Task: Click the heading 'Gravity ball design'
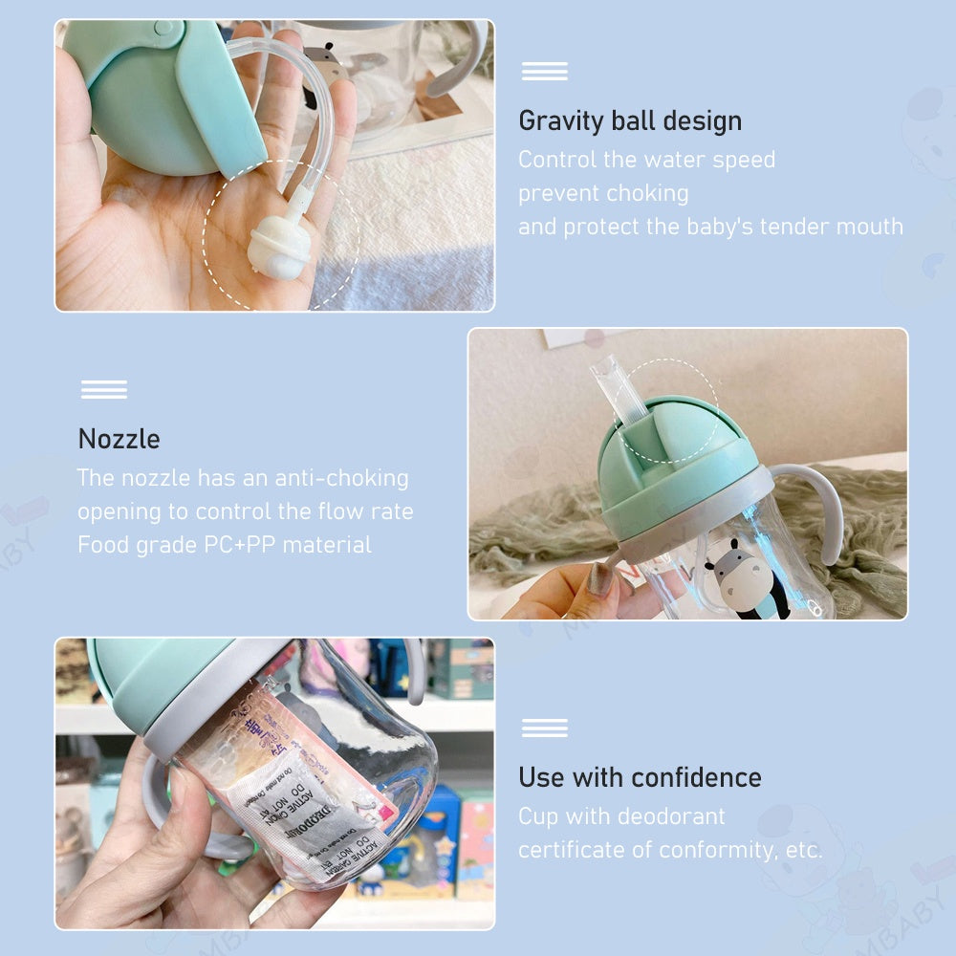pyautogui.click(x=629, y=121)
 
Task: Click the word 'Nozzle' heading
pyautogui.click(x=119, y=439)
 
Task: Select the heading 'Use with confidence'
pyautogui.click(x=640, y=777)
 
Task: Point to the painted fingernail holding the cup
pyautogui.click(x=601, y=578)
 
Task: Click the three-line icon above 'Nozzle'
pyautogui.click(x=104, y=389)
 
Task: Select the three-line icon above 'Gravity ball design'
pyautogui.click(x=544, y=71)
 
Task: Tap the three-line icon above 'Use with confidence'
pyautogui.click(x=544, y=728)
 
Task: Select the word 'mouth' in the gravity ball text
pyautogui.click(x=867, y=227)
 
